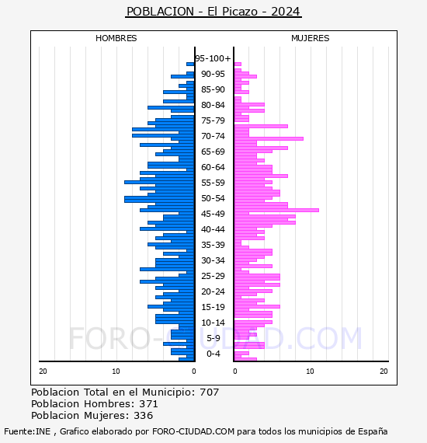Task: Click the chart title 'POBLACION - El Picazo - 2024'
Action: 213,12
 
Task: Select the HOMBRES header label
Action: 116,38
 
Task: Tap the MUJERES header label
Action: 311,38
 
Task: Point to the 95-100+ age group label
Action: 213,58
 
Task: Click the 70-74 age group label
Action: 213,136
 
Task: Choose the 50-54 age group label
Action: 213,198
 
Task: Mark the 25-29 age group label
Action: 213,276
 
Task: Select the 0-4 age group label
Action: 213,354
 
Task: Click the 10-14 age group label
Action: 213,323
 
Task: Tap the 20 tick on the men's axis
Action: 43,371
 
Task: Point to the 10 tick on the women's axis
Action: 310,371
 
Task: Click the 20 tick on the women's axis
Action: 384,371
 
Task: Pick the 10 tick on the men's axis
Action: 116,371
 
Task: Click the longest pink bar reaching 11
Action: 276,210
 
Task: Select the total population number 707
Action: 209,392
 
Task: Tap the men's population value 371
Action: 148,403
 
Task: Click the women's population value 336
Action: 144,415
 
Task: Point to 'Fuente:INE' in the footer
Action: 27,431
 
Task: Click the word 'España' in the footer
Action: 373,431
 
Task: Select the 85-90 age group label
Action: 213,89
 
